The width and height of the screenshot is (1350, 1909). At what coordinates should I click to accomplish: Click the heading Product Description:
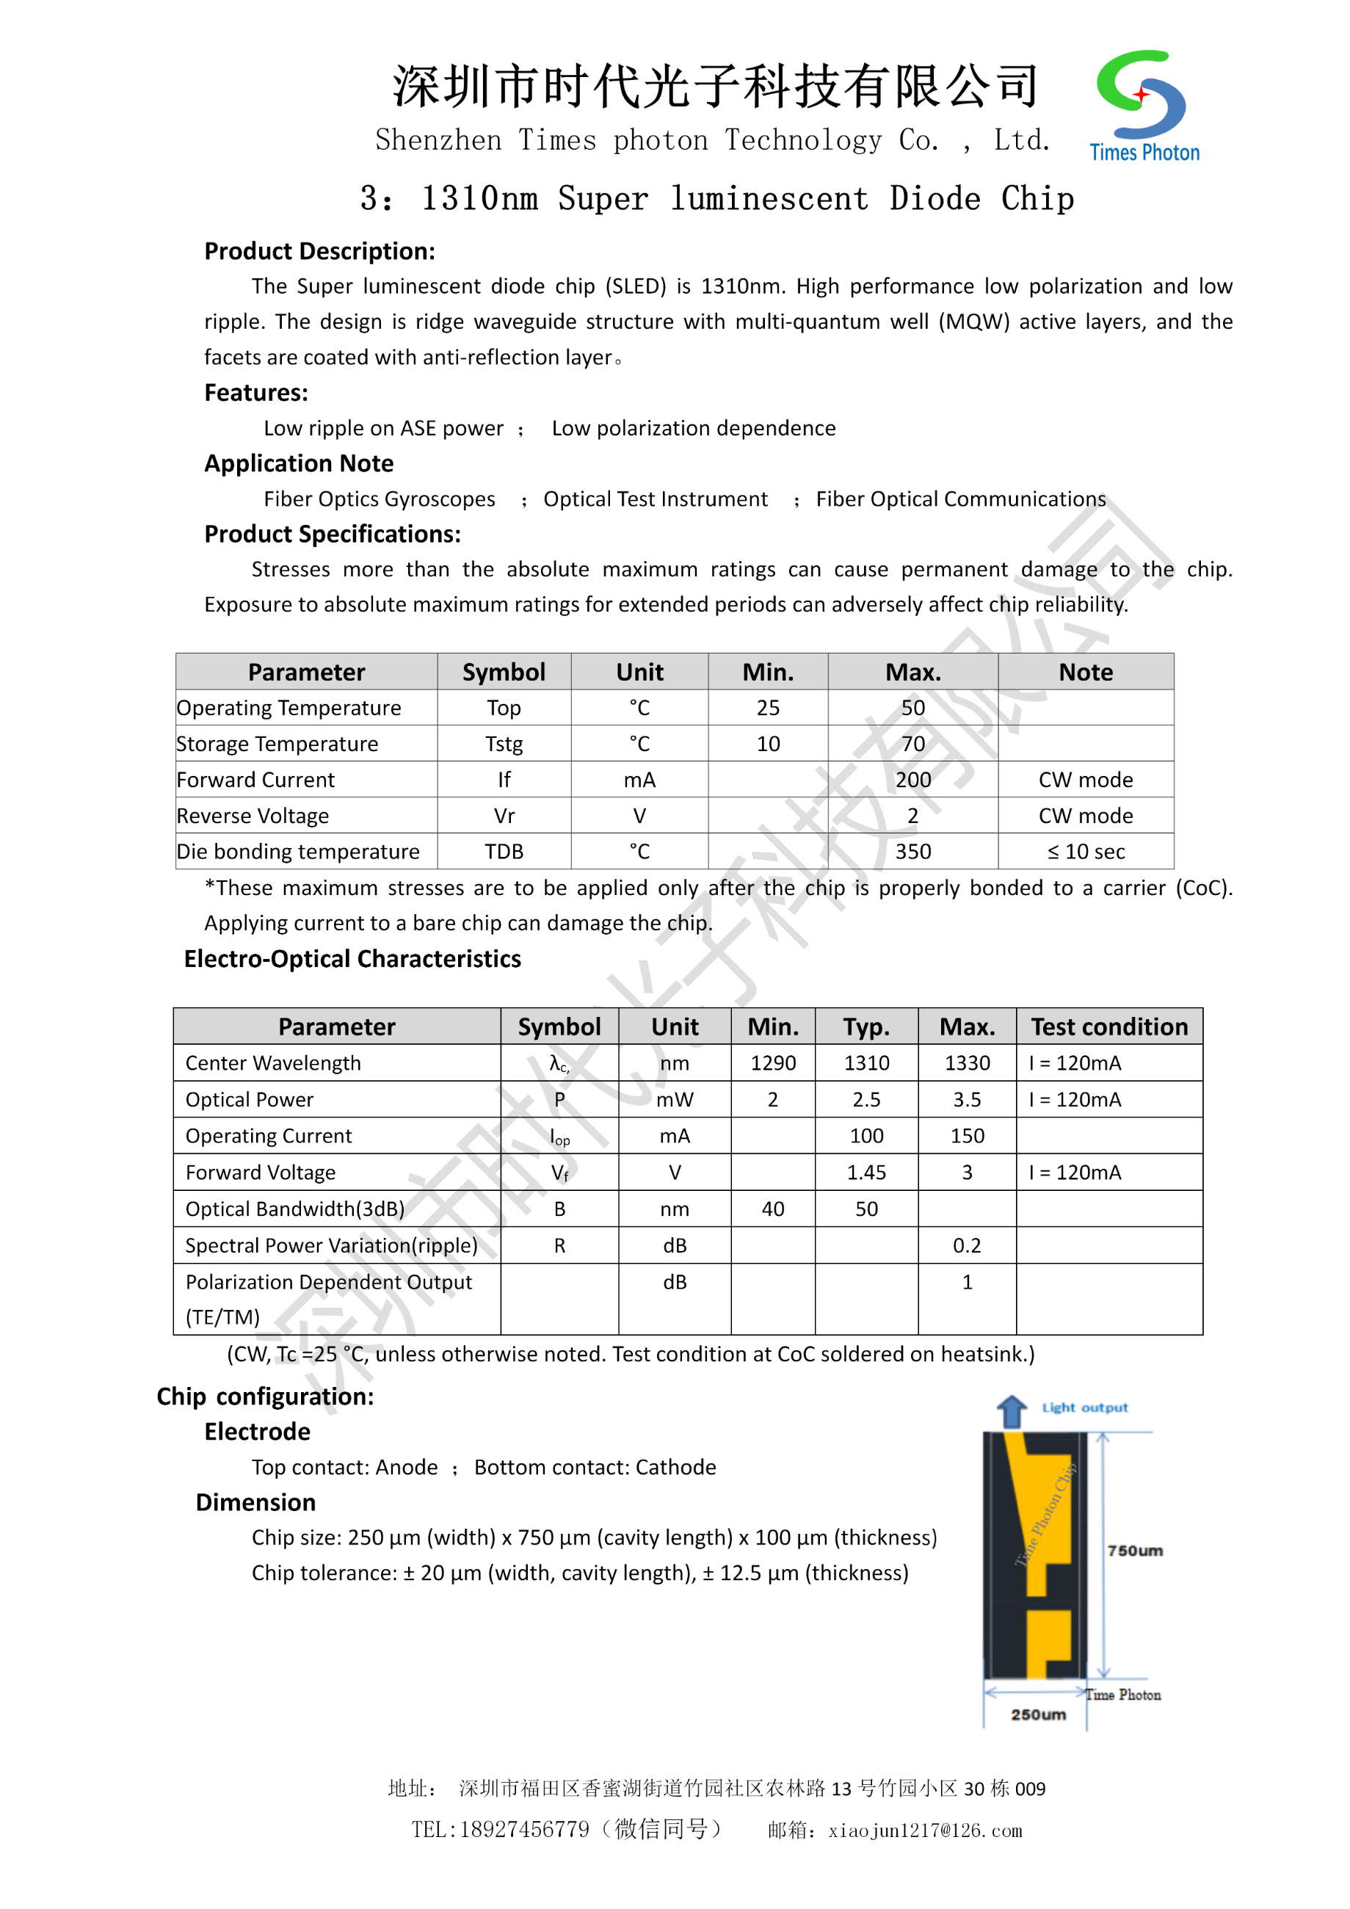pyautogui.click(x=319, y=251)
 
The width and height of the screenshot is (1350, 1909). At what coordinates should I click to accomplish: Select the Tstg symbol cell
pyautogui.click(x=504, y=745)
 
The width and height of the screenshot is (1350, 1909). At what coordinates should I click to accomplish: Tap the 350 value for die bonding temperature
pyautogui.click(x=912, y=852)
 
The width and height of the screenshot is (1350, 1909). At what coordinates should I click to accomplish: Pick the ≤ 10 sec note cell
pyautogui.click(x=1086, y=852)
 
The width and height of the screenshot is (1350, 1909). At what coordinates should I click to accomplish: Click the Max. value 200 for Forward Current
pyautogui.click(x=912, y=780)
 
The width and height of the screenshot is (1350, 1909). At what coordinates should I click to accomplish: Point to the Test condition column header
pyautogui.click(x=1109, y=1027)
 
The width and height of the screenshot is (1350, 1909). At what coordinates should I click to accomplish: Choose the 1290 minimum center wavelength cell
pyautogui.click(x=772, y=1063)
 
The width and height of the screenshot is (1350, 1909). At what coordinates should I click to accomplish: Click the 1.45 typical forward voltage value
pyautogui.click(x=866, y=1173)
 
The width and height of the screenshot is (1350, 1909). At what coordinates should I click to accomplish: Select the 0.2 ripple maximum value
pyautogui.click(x=967, y=1245)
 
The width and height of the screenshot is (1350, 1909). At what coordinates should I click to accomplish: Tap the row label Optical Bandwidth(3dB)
pyautogui.click(x=295, y=1209)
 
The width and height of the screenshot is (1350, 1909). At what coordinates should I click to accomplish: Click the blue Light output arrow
pyautogui.click(x=1012, y=1411)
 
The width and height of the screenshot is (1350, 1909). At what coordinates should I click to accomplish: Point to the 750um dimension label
pyautogui.click(x=1135, y=1551)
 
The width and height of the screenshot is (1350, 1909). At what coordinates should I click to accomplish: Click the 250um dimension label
pyautogui.click(x=1038, y=1714)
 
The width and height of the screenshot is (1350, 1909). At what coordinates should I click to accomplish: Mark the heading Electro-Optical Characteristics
pyautogui.click(x=352, y=959)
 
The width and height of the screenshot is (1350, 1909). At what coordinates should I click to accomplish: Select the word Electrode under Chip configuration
pyautogui.click(x=257, y=1432)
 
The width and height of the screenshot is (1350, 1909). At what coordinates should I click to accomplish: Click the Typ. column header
pyautogui.click(x=866, y=1027)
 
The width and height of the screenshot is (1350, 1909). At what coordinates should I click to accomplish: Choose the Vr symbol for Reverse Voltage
pyautogui.click(x=504, y=816)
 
